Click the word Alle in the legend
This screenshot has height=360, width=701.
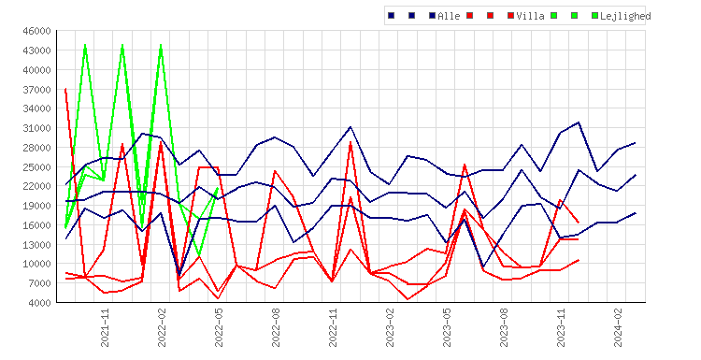(x=449, y=16)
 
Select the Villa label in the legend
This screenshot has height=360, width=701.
(x=530, y=16)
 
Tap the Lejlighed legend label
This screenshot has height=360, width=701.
(x=625, y=16)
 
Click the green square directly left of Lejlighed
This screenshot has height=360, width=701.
(x=594, y=16)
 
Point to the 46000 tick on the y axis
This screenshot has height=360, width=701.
(x=36, y=31)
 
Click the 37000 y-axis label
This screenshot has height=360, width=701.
(x=36, y=90)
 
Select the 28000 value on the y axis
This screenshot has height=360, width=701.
(x=36, y=148)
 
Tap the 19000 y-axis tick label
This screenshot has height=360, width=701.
(x=36, y=206)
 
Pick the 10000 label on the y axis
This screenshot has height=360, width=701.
(x=36, y=264)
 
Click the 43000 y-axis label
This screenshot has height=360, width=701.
(x=36, y=50)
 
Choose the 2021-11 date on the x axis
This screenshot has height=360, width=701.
(x=105, y=327)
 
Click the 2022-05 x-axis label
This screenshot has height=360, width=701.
(x=219, y=327)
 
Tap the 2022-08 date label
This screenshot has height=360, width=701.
(x=276, y=327)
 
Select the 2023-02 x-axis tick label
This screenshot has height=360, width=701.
(x=390, y=327)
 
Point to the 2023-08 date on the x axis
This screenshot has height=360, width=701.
(x=504, y=327)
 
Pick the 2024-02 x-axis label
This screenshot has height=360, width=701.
(x=618, y=327)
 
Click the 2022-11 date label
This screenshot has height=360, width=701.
(x=333, y=327)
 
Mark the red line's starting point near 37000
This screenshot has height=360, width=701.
(x=65, y=89)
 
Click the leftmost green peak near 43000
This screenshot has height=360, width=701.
(x=85, y=45)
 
